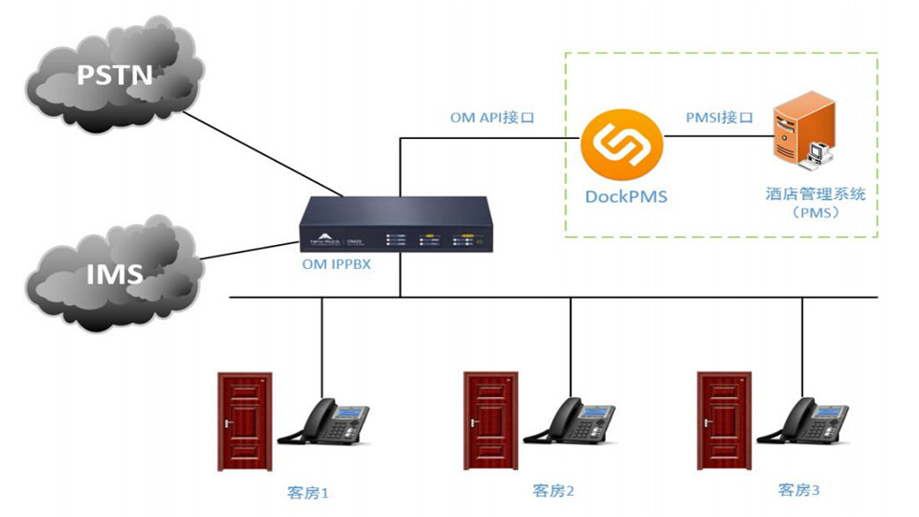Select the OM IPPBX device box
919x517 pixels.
(398, 225)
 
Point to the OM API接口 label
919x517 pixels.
(492, 118)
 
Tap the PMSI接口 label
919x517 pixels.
(719, 118)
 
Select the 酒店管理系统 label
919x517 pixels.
(816, 194)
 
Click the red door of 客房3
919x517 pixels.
(724, 420)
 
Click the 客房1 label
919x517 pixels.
(306, 493)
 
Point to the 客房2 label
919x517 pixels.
(553, 491)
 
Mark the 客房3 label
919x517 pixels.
(798, 490)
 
